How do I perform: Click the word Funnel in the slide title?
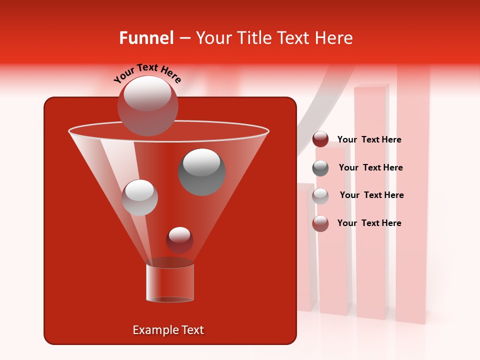[146, 38]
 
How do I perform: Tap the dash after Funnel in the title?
[184, 38]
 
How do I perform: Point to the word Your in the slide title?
[212, 38]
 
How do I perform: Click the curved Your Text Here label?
[147, 73]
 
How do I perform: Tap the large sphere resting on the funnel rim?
[147, 105]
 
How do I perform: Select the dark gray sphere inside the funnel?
[201, 171]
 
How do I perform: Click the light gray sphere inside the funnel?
[139, 197]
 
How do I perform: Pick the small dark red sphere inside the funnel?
[179, 240]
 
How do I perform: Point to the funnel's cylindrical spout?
[170, 282]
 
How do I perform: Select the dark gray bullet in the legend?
[320, 168]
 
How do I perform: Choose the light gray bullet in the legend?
[320, 196]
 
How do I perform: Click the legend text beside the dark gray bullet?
[370, 167]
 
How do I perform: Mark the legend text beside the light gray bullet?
[371, 195]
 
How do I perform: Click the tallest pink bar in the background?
[413, 200]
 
